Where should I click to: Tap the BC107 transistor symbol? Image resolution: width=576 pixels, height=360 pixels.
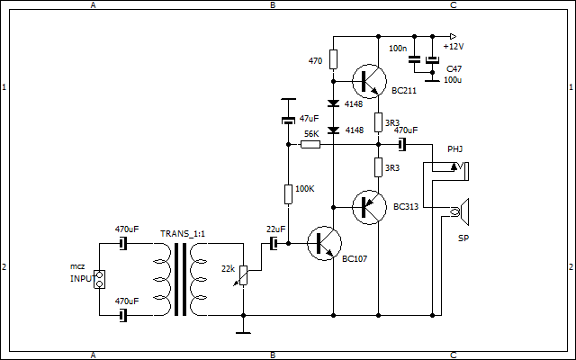pos(321,244)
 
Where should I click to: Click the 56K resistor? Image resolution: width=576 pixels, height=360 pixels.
pos(310,144)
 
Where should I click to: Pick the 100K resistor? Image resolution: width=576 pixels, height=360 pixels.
pos(288,193)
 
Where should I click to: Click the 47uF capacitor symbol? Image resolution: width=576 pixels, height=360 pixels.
pos(288,120)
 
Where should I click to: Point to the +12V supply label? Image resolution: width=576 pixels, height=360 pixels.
pos(454,46)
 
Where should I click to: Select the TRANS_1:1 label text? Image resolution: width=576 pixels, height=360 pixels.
pos(183,234)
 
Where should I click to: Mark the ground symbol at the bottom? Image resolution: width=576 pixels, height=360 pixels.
pos(243,330)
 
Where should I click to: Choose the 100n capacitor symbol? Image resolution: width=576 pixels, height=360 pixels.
pos(414,59)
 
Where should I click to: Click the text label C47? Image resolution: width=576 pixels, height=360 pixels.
pos(454,68)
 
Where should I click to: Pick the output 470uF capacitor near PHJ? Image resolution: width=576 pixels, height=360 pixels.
pos(402,144)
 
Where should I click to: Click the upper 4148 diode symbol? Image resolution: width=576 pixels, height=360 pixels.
pos(333,103)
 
